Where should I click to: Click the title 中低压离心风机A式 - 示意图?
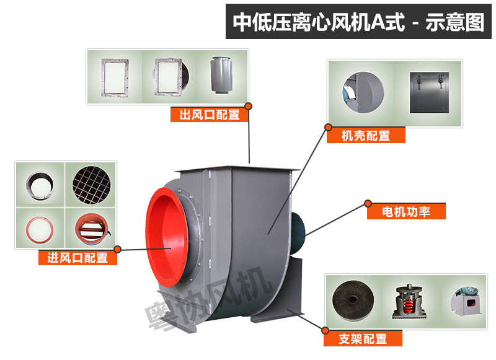coord(359,22)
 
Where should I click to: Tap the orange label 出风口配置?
coord(209,115)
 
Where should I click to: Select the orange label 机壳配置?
coord(366,136)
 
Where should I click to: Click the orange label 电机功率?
coord(407,212)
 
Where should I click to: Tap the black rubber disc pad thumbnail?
coord(352,301)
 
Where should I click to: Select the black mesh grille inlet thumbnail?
coord(91,183)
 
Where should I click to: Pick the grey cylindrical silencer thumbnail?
coord(220,78)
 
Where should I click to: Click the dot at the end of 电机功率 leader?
coord(368,203)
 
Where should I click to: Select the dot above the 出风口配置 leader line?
coord(249,106)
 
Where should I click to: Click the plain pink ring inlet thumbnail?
coord(39,226)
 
